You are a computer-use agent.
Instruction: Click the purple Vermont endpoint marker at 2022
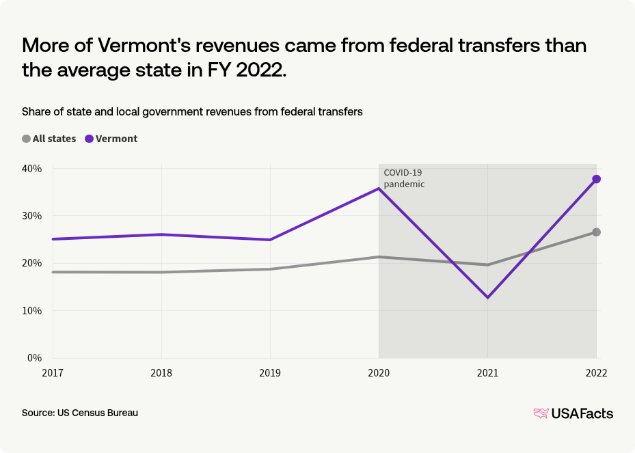click(597, 179)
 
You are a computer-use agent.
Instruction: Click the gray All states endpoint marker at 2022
click(597, 232)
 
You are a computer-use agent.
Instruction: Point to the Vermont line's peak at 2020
click(379, 189)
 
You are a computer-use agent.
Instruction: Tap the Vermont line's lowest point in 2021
click(487, 298)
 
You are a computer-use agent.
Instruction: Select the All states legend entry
click(49, 139)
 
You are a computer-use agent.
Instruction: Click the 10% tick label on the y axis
click(33, 310)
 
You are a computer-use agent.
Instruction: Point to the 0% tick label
click(36, 357)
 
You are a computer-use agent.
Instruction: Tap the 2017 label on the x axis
click(53, 373)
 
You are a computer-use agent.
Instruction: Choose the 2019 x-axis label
click(270, 373)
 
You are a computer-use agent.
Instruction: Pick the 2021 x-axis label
click(487, 373)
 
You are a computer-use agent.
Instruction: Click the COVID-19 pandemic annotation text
click(404, 178)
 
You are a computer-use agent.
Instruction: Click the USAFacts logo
click(573, 413)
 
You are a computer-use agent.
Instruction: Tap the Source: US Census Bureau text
click(80, 413)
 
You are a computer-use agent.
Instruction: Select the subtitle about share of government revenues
click(192, 111)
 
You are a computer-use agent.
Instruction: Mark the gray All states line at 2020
click(379, 257)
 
